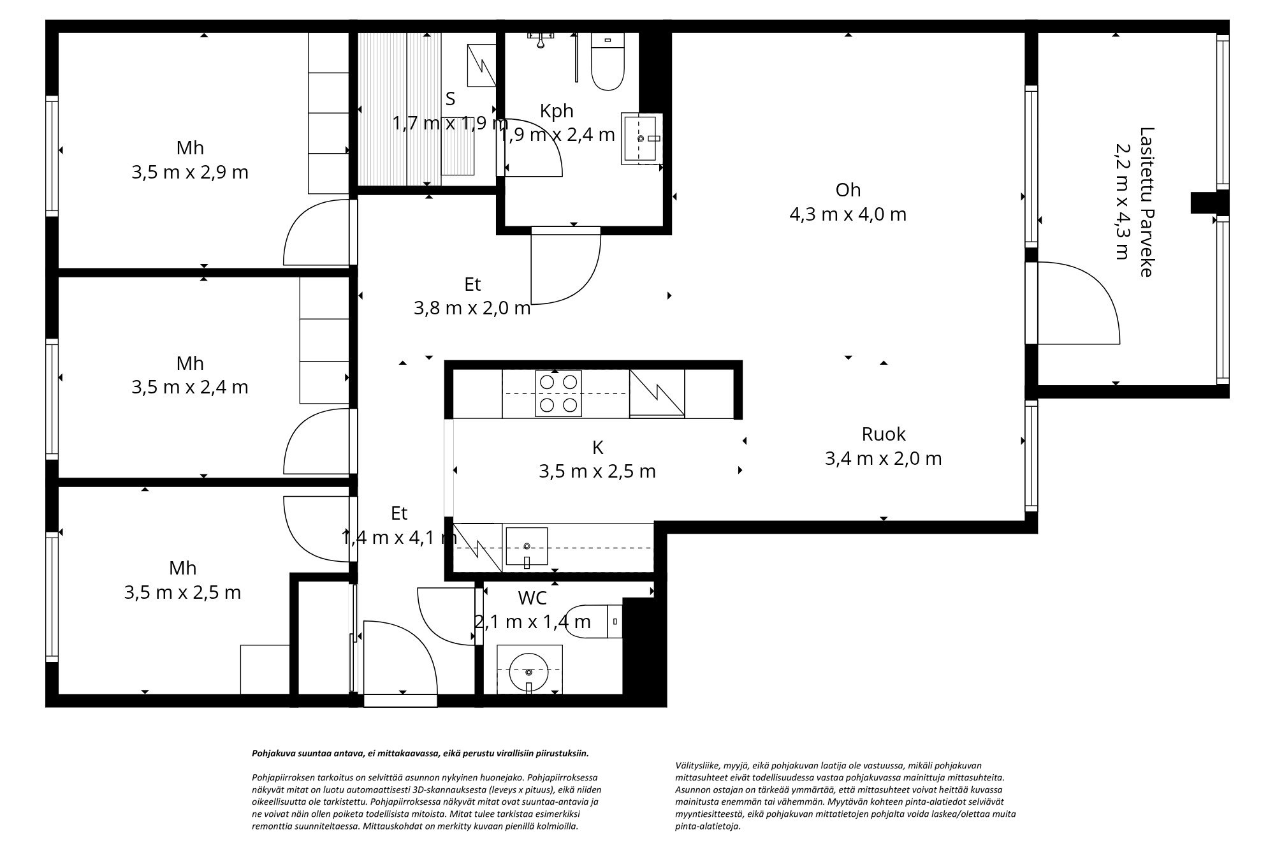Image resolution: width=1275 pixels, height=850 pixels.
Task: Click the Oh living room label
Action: pyautogui.click(x=848, y=190)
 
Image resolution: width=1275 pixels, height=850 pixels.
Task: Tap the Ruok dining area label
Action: pyautogui.click(x=883, y=434)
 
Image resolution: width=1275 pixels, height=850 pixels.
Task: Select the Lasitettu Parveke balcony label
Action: pyautogui.click(x=1146, y=202)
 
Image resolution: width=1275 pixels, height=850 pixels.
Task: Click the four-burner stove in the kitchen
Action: pyautogui.click(x=558, y=393)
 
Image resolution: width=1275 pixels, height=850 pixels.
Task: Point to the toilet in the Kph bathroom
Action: pyautogui.click(x=607, y=64)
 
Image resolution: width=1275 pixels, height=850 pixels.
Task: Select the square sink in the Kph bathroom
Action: pyautogui.click(x=642, y=138)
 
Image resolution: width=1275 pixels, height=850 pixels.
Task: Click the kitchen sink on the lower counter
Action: pyautogui.click(x=527, y=546)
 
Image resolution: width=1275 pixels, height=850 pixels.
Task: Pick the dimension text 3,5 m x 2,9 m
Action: pyautogui.click(x=190, y=173)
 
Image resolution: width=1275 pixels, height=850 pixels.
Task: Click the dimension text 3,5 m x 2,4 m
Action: pyautogui.click(x=190, y=388)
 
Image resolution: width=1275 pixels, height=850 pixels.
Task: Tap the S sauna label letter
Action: pyautogui.click(x=450, y=99)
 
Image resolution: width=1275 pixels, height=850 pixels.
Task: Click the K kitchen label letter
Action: pyautogui.click(x=597, y=448)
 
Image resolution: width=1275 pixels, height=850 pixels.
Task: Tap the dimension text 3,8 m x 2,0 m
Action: pyautogui.click(x=472, y=309)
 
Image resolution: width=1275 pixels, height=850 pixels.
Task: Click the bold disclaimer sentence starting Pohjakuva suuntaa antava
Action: pyautogui.click(x=420, y=753)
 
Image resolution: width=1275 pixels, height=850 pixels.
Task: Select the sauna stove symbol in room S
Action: pyautogui.click(x=481, y=64)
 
